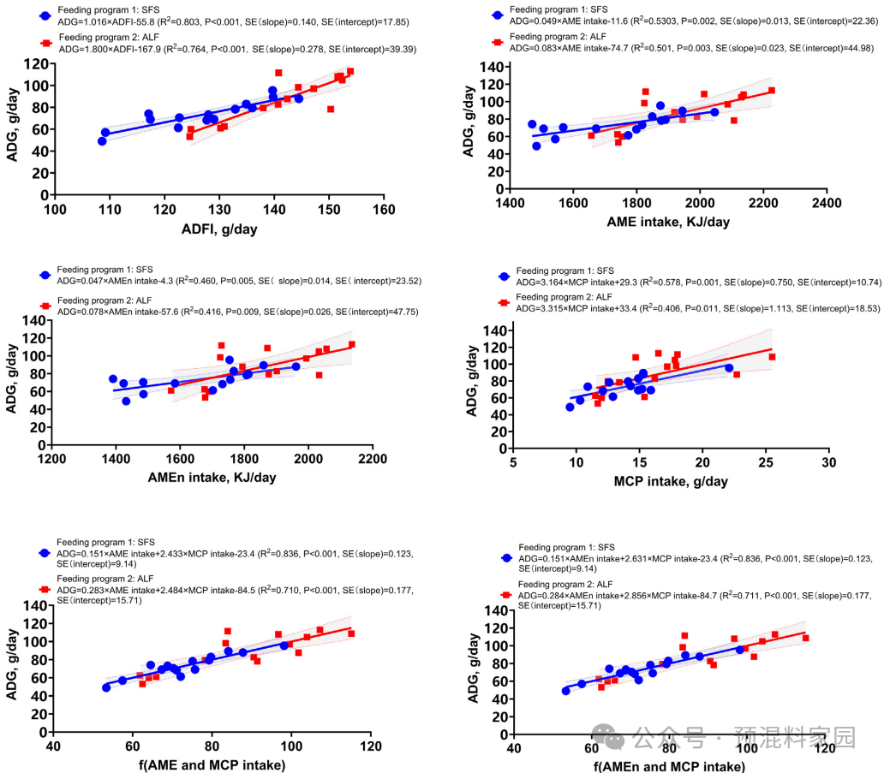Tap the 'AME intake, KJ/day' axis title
pos(668,221)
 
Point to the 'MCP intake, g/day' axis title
pos(671,481)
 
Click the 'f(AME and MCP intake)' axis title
pos(212,764)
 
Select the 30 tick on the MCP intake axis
pos(827,463)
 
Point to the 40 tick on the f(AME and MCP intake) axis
pos(53,746)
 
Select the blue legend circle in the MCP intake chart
pos(504,277)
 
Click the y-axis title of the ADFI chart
pos(15,128)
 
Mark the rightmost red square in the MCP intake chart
pos(772,357)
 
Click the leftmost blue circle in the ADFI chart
pos(102,141)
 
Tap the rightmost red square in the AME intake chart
pos(772,91)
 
